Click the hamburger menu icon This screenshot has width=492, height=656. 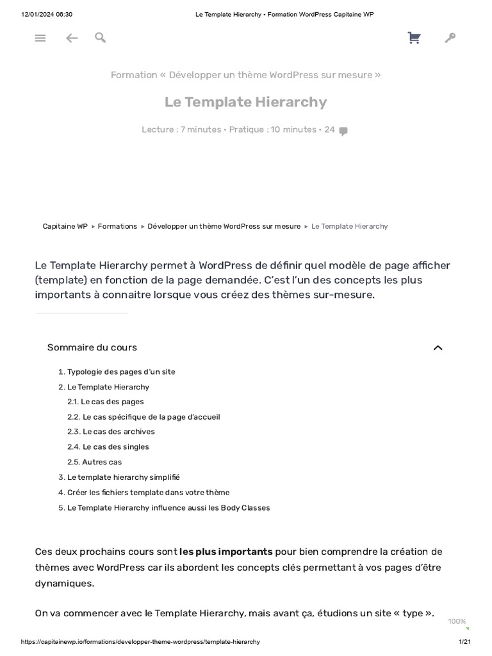40,38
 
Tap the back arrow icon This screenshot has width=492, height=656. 72,38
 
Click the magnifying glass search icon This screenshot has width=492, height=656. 100,38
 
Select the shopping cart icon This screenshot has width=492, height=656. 414,38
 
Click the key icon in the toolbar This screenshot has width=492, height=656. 450,38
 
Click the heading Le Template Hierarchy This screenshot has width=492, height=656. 245,102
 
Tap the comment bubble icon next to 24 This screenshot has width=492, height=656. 343,131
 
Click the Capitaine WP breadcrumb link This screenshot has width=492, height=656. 65,226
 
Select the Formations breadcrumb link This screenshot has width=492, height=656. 117,226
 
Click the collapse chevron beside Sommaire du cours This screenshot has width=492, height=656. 438,348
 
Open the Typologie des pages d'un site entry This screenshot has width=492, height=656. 121,372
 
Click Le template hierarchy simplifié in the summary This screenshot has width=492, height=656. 123,477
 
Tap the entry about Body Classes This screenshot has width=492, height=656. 168,508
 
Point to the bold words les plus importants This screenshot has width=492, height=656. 226,552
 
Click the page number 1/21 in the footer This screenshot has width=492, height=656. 464,642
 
